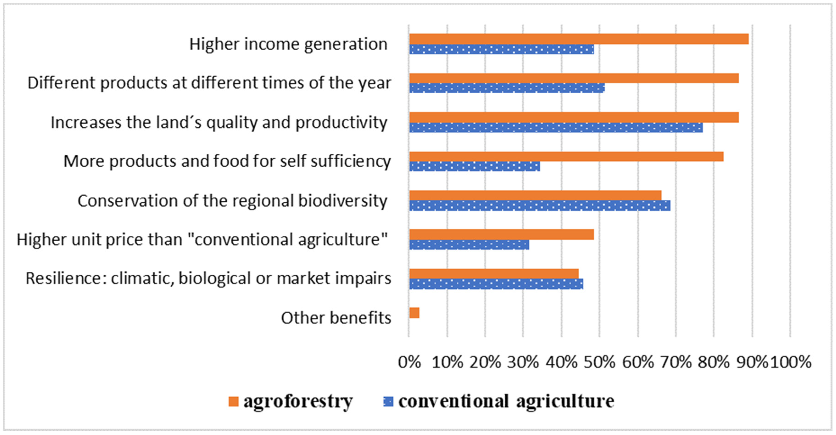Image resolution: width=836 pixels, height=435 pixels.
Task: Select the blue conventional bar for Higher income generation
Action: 502,49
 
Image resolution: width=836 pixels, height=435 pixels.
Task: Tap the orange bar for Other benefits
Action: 414,313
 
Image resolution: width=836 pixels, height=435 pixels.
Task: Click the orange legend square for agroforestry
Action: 233,402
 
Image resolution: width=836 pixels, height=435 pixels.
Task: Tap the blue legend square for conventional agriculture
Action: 388,402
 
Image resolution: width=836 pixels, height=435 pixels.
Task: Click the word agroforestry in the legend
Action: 298,402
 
